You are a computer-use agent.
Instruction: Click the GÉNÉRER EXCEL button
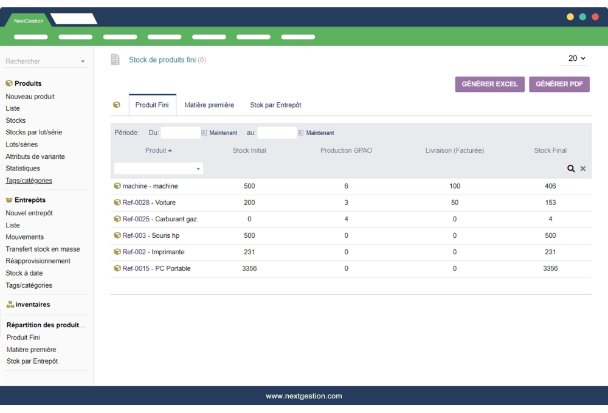point(489,85)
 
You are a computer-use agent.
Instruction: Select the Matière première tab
point(209,105)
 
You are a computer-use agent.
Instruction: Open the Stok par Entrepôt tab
point(275,105)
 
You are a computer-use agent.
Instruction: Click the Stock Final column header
point(550,151)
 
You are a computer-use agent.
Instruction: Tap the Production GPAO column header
point(346,151)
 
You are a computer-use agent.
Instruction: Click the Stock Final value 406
point(550,186)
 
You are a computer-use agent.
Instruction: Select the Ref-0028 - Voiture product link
point(149,203)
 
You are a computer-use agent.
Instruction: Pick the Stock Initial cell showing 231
point(249,252)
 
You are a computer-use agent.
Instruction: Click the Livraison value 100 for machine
point(455,186)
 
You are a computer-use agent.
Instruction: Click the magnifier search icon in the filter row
point(572,168)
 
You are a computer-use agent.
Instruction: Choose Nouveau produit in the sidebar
point(30,97)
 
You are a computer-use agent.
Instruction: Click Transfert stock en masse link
point(43,249)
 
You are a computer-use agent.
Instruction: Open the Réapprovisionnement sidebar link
point(38,261)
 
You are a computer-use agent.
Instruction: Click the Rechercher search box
point(43,61)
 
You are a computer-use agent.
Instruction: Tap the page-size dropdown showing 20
point(576,58)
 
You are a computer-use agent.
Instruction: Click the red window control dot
point(595,17)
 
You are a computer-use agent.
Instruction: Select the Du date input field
point(181,133)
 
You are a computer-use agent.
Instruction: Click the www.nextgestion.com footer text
point(304,396)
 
